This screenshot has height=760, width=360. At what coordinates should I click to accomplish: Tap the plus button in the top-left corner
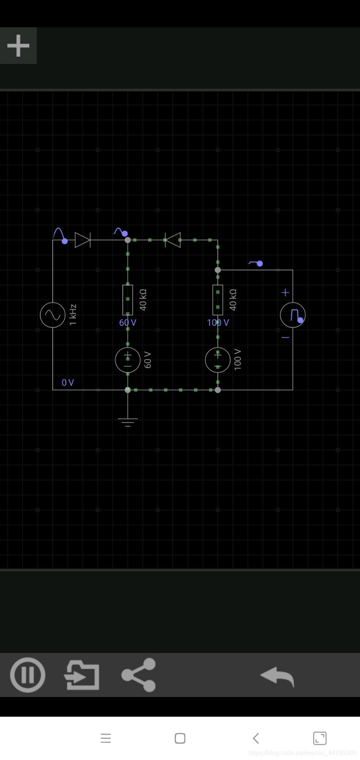pyautogui.click(x=18, y=46)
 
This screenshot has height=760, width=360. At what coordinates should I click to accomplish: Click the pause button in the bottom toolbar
pyautogui.click(x=27, y=674)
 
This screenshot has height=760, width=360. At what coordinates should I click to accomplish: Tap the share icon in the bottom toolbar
pyautogui.click(x=139, y=674)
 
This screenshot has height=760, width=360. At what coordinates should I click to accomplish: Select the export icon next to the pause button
pyautogui.click(x=82, y=674)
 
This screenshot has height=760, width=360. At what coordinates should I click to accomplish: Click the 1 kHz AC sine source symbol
pyautogui.click(x=53, y=315)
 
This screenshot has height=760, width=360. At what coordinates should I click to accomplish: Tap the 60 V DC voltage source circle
pyautogui.click(x=128, y=360)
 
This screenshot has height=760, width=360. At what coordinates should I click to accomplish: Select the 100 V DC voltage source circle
pyautogui.click(x=217, y=360)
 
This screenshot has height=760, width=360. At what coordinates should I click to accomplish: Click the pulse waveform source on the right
pyautogui.click(x=293, y=315)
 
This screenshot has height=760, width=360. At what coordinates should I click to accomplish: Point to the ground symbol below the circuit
pyautogui.click(x=128, y=421)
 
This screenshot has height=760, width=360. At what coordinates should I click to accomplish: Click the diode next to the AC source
pyautogui.click(x=83, y=240)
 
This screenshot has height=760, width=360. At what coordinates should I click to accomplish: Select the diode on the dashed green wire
pyautogui.click(x=173, y=240)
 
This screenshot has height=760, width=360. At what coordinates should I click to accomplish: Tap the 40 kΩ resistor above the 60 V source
pyautogui.click(x=128, y=300)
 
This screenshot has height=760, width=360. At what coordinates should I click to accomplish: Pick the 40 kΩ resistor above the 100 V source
pyautogui.click(x=217, y=300)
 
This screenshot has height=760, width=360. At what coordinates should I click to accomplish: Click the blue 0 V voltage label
pyautogui.click(x=68, y=382)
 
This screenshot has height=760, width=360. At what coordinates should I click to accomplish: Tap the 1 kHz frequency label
pyautogui.click(x=73, y=315)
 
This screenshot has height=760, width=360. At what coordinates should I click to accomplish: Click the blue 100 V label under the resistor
pyautogui.click(x=218, y=323)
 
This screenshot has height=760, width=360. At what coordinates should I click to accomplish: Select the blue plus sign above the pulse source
pyautogui.click(x=285, y=293)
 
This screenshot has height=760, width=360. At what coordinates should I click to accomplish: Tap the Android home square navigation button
pyautogui.click(x=180, y=738)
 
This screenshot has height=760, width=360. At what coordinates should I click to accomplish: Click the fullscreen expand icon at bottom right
pyautogui.click(x=320, y=738)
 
